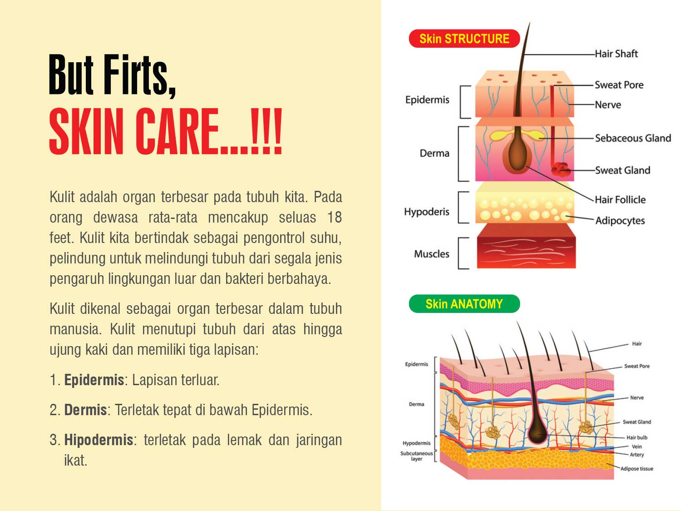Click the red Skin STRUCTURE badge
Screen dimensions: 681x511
pyautogui.click(x=464, y=39)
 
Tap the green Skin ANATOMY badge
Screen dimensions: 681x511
pyautogui.click(x=464, y=304)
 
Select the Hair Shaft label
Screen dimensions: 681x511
pyautogui.click(x=616, y=54)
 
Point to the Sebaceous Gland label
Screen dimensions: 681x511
pyautogui.click(x=633, y=138)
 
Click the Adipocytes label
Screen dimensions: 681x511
pyautogui.click(x=620, y=221)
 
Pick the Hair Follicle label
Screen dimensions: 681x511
pyautogui.click(x=620, y=199)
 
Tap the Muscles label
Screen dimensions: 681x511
pyautogui.click(x=432, y=254)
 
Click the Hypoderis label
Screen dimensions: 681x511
pyautogui.click(x=427, y=212)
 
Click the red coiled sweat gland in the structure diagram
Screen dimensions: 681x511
pyautogui.click(x=560, y=169)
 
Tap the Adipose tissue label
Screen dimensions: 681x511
pyautogui.click(x=637, y=468)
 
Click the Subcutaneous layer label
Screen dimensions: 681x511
pyautogui.click(x=416, y=456)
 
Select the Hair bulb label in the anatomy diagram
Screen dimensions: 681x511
pyautogui.click(x=637, y=437)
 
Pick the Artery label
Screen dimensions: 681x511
pyautogui.click(x=637, y=455)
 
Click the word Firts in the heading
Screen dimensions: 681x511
pyautogui.click(x=139, y=74)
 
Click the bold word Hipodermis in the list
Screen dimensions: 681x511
pyautogui.click(x=99, y=440)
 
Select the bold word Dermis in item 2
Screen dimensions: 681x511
pyautogui.click(x=85, y=410)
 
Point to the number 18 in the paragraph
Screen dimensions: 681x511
pyautogui.click(x=334, y=218)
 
